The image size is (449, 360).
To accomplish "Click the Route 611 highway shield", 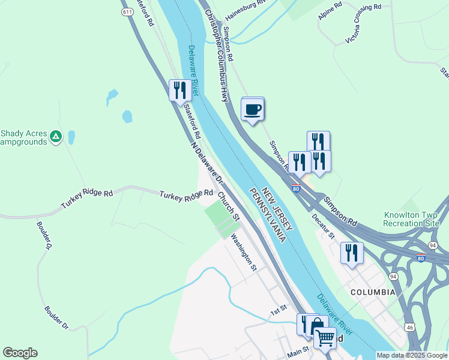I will coord(127,12).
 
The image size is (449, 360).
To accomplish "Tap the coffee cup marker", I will coord(253,110).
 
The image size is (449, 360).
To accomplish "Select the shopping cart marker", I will coord(325,338).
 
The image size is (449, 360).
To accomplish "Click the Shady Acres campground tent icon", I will coord(55,137).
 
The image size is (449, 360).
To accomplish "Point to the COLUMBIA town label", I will coord(373,292).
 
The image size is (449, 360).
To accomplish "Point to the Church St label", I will coord(229,206).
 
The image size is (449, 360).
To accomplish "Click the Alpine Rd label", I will coord(330,11).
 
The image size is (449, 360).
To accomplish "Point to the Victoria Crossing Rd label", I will coord(363,25).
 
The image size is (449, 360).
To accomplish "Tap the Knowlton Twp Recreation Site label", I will coord(412,218).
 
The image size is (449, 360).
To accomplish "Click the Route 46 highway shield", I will coord(409,327).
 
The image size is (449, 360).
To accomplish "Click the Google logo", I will coord(20,353).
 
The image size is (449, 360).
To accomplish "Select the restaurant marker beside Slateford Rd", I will coord(180,91).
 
